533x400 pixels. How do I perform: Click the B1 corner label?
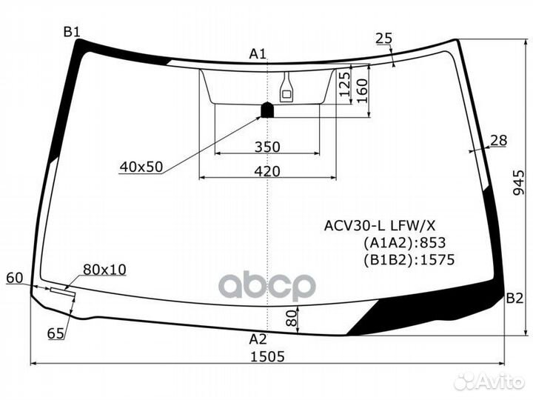(x=71, y=31)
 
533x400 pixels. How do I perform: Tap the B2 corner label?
(x=514, y=299)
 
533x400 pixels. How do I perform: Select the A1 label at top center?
(x=257, y=53)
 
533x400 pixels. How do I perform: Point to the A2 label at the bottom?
(x=257, y=340)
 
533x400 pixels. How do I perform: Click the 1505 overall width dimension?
(x=267, y=356)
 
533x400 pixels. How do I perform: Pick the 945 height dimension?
(x=520, y=181)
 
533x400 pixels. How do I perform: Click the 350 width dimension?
(x=267, y=147)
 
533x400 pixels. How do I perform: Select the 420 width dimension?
(x=267, y=171)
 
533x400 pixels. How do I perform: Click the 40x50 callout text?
(x=141, y=167)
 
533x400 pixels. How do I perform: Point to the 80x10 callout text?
(x=104, y=269)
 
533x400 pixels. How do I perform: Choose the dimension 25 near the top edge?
(x=383, y=39)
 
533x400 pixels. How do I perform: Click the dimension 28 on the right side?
(x=498, y=141)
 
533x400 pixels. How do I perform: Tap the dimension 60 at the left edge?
(x=14, y=278)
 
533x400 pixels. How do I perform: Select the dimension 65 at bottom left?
(x=56, y=333)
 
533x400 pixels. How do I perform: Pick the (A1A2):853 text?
(x=403, y=242)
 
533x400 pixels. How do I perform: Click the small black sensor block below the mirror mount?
(x=267, y=111)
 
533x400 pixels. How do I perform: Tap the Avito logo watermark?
(x=490, y=381)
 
